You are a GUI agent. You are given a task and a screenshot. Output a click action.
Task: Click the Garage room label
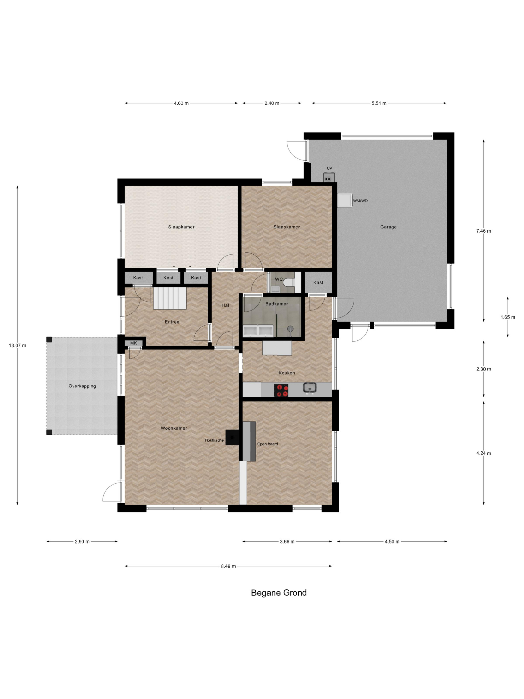click(388, 227)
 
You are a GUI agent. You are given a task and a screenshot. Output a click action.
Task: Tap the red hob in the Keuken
click(281, 390)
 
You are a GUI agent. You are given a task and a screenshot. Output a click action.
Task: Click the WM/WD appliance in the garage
click(345, 200)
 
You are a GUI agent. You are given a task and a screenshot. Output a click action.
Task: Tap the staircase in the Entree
click(170, 298)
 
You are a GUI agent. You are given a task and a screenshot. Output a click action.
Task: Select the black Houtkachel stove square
click(232, 437)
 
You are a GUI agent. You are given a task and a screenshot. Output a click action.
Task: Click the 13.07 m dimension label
click(18, 346)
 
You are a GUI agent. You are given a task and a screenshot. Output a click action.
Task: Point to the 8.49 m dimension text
click(228, 566)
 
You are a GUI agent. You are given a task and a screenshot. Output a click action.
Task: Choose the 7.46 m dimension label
click(484, 231)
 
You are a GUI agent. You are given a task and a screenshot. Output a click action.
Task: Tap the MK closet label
click(133, 343)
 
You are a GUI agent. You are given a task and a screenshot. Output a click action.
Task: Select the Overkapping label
click(82, 386)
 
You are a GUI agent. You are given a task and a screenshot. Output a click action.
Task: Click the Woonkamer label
click(174, 428)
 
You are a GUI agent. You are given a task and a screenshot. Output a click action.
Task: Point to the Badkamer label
click(277, 304)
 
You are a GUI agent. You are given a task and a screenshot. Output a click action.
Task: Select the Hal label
click(225, 305)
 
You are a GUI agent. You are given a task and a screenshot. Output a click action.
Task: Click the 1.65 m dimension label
click(508, 317)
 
